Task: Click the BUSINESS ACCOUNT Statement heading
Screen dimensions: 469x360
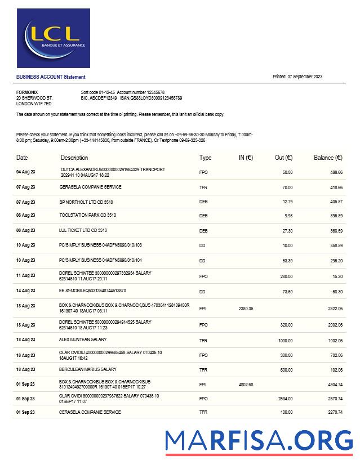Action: pyautogui.click(x=51, y=77)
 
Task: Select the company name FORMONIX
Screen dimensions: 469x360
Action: pyautogui.click(x=27, y=92)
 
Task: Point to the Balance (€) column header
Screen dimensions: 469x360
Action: pyautogui.click(x=328, y=158)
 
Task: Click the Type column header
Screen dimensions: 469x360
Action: pyautogui.click(x=205, y=158)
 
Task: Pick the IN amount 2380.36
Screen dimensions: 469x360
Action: pyautogui.click(x=246, y=309)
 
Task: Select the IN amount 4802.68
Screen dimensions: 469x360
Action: pyautogui.click(x=246, y=385)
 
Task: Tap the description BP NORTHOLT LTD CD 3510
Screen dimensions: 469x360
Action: pyautogui.click(x=86, y=202)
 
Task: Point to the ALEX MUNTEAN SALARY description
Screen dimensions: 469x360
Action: pyautogui.click(x=83, y=340)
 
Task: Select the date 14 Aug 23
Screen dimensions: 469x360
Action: pyautogui.click(x=25, y=292)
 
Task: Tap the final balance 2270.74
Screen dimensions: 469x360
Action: pyautogui.click(x=335, y=412)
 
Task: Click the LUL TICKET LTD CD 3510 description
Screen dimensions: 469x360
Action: pyautogui.click(x=83, y=231)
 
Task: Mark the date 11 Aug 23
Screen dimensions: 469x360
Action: pyautogui.click(x=25, y=276)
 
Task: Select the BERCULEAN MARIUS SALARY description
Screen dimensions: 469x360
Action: pyautogui.click(x=88, y=369)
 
